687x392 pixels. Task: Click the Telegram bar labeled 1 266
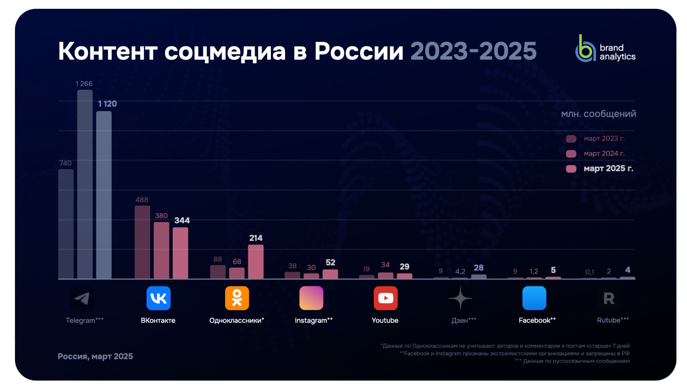click(85, 185)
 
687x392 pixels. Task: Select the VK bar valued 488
click(142, 242)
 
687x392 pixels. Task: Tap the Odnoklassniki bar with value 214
click(256, 262)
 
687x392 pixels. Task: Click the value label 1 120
click(107, 104)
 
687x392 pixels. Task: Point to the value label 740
click(65, 163)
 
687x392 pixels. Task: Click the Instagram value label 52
click(330, 263)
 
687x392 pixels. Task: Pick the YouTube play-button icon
click(386, 298)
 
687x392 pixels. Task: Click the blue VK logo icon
click(158, 298)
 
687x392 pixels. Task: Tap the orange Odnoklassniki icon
click(237, 298)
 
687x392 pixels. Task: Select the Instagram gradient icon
click(311, 298)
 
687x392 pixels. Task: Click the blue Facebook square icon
click(534, 298)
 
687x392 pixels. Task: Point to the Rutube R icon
click(609, 299)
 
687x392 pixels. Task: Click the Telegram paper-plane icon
click(82, 299)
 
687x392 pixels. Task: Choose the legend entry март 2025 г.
click(608, 169)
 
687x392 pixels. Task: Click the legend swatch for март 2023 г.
click(571, 139)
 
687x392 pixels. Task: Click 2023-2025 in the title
click(473, 51)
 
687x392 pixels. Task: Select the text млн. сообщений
click(598, 114)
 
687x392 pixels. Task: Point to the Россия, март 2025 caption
click(95, 356)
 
